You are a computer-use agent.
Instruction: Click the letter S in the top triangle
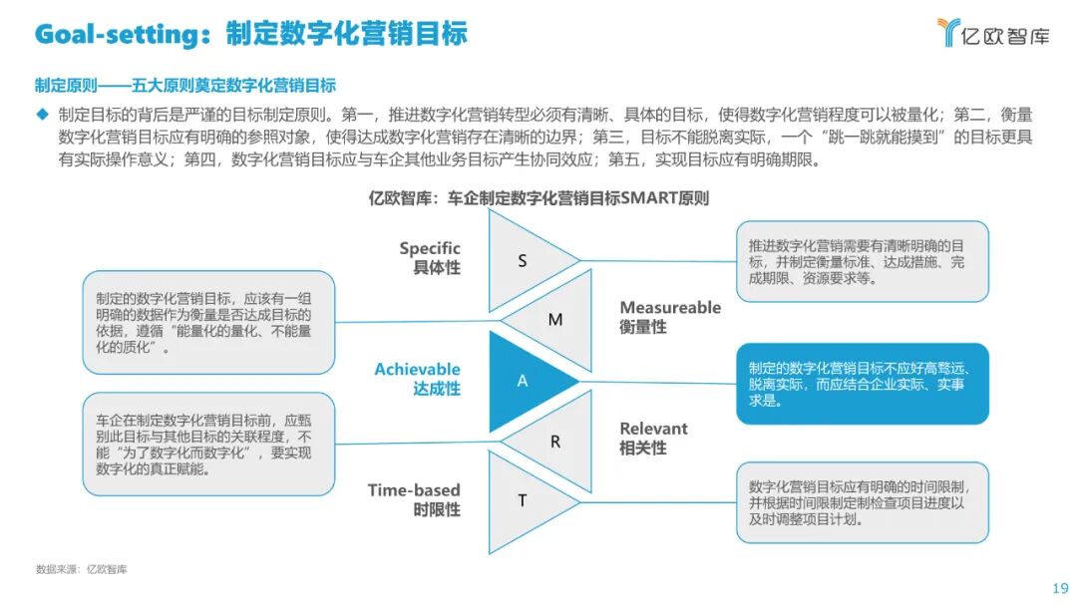[523, 261]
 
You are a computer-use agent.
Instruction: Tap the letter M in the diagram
[555, 320]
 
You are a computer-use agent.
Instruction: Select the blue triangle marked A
[524, 381]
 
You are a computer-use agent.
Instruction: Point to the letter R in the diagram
[555, 441]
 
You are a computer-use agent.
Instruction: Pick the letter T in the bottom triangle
[523, 500]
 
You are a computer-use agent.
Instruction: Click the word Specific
[430, 248]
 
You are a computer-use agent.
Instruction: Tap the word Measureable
[670, 308]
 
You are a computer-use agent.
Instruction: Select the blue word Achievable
[418, 370]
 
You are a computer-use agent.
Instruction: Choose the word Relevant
[653, 429]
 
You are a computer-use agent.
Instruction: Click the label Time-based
[414, 489]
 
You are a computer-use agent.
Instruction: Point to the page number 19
[1060, 587]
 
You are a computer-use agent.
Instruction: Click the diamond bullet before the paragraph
[43, 115]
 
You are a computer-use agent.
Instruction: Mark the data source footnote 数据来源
[82, 569]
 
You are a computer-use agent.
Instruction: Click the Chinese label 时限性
[437, 509]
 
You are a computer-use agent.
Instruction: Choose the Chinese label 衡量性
[643, 327]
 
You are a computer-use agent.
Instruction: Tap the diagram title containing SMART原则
[538, 198]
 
